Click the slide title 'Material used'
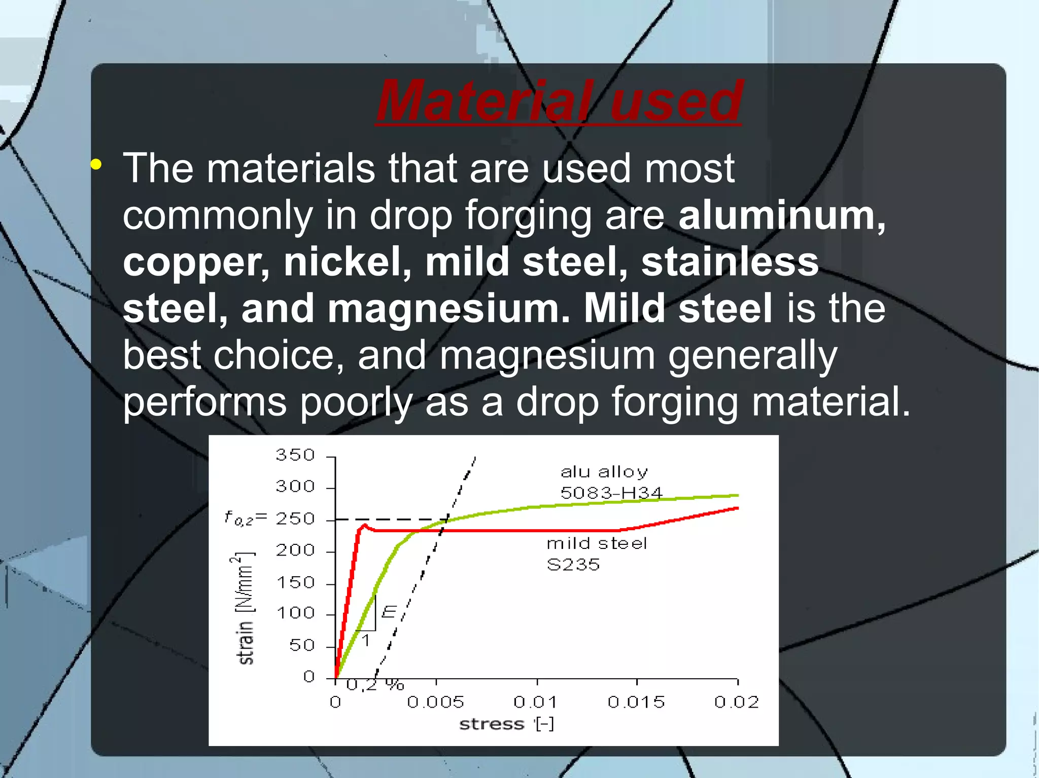pyautogui.click(x=559, y=101)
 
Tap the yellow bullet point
pyautogui.click(x=96, y=164)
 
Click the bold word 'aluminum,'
pyautogui.click(x=782, y=215)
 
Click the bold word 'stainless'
pyautogui.click(x=730, y=262)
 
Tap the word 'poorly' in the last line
pyautogui.click(x=356, y=402)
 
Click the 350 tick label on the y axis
pyautogui.click(x=295, y=455)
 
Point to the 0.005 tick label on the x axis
pyautogui.click(x=435, y=702)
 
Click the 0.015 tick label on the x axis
pyautogui.click(x=636, y=702)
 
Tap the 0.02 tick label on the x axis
pyautogui.click(x=737, y=702)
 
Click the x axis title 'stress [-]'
pyautogui.click(x=506, y=724)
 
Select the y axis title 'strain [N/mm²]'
pyautogui.click(x=245, y=608)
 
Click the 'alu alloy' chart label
pyautogui.click(x=604, y=472)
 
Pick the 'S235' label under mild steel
pyautogui.click(x=573, y=565)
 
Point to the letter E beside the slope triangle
pyautogui.click(x=389, y=612)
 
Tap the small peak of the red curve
pyautogui.click(x=364, y=525)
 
